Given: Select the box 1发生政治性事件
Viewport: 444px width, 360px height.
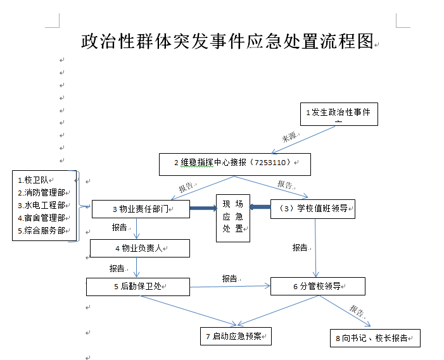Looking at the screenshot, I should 338,113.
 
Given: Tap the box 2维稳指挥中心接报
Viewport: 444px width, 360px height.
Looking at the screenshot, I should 234,163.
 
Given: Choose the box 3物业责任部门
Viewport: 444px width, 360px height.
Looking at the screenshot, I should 141,209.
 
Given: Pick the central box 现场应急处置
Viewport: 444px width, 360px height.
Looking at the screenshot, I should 232,217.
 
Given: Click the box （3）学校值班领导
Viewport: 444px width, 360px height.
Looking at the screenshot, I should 312,209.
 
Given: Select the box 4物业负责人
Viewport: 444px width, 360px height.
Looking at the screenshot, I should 139,248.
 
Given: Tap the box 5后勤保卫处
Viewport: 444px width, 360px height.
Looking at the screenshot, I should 138,287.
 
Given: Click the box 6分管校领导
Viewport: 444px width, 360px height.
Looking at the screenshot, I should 317,287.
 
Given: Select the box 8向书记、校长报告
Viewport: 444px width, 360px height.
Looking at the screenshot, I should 375,338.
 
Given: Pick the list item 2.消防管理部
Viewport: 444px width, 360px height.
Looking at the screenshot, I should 42,192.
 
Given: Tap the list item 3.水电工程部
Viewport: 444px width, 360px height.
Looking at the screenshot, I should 42,205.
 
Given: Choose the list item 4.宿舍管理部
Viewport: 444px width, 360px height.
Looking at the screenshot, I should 42,218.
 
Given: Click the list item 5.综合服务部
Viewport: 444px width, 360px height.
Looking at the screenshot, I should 42,230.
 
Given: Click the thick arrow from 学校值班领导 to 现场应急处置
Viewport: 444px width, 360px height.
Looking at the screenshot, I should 260,207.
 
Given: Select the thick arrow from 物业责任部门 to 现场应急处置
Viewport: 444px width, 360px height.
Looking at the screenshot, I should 203,207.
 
